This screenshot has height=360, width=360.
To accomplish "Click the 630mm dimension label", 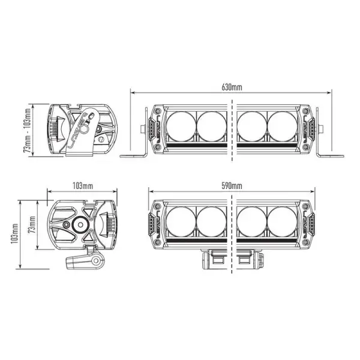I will point(231,87).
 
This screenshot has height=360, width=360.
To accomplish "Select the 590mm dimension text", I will point(231,186).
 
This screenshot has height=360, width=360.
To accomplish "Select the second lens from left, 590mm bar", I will point(210,223).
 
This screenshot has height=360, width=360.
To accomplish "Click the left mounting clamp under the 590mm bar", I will point(213,261).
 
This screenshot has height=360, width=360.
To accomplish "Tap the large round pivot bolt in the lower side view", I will point(79,224).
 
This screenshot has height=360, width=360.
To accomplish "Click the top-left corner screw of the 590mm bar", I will point(158,206).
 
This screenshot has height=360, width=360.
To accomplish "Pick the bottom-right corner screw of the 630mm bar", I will point(305,146).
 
